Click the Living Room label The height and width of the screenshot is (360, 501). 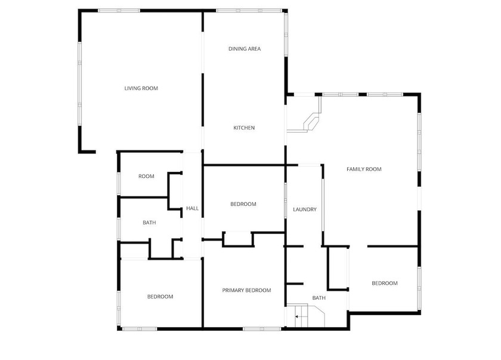[141, 88]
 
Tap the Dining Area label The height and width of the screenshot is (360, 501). [245, 48]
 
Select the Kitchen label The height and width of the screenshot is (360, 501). [244, 128]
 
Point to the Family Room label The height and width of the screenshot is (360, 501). [364, 169]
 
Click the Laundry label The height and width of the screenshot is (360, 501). [305, 210]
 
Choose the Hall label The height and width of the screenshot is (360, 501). [192, 208]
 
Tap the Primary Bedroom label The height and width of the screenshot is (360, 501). [247, 290]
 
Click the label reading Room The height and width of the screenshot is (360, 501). [146, 176]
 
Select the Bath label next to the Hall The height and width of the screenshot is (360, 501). [149, 223]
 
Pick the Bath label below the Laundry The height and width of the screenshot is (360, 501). [319, 298]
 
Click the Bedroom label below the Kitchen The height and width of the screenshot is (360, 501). [243, 204]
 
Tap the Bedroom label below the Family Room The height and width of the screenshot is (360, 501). [385, 283]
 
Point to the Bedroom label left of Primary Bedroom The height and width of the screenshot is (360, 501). [160, 297]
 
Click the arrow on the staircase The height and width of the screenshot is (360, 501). [297, 316]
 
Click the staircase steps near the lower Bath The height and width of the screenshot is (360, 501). [301, 316]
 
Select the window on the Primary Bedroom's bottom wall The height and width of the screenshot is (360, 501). [262, 328]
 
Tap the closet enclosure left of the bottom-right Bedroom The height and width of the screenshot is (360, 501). [338, 269]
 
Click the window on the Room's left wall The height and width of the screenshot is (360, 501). [119, 183]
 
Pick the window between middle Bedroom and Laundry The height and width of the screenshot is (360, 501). [285, 201]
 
